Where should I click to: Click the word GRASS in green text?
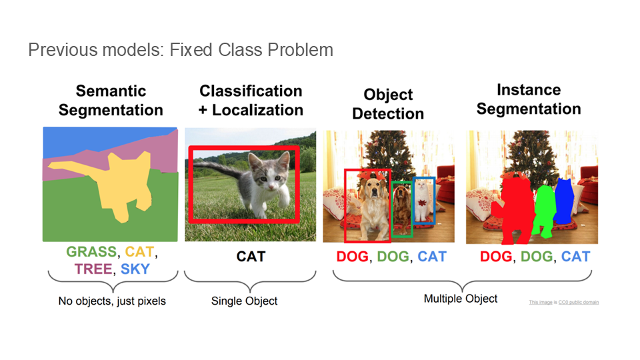pyautogui.click(x=91, y=252)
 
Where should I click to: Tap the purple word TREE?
pyautogui.click(x=93, y=269)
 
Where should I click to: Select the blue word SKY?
pyautogui.click(x=135, y=269)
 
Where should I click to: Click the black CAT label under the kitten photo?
pyautogui.click(x=251, y=256)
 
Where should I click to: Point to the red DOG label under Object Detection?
pyautogui.click(x=352, y=256)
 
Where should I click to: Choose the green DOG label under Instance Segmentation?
pyautogui.click(x=537, y=256)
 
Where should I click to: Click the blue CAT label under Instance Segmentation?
pyautogui.click(x=575, y=256)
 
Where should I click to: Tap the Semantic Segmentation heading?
pyautogui.click(x=111, y=101)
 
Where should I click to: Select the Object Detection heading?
pyautogui.click(x=388, y=104)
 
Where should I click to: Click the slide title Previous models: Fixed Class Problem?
pyautogui.click(x=181, y=50)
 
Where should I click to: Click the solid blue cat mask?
pyautogui.click(x=564, y=201)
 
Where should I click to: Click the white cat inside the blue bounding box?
pyautogui.click(x=423, y=200)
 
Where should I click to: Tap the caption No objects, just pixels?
pyautogui.click(x=112, y=301)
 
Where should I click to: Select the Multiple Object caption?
pyautogui.click(x=461, y=299)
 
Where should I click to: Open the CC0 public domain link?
pyautogui.click(x=579, y=303)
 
